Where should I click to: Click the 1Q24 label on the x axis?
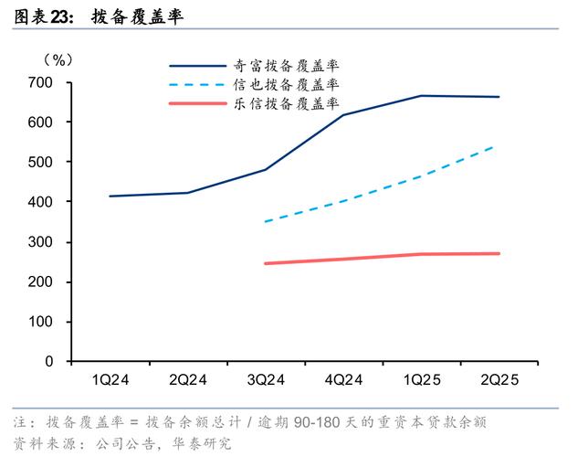(x=110, y=379)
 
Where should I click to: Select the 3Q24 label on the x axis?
(x=266, y=379)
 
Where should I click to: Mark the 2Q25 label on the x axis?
(x=499, y=379)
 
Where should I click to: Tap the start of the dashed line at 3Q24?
(x=266, y=221)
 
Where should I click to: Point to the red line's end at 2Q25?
(x=499, y=253)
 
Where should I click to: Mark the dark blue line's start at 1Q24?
(x=110, y=196)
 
